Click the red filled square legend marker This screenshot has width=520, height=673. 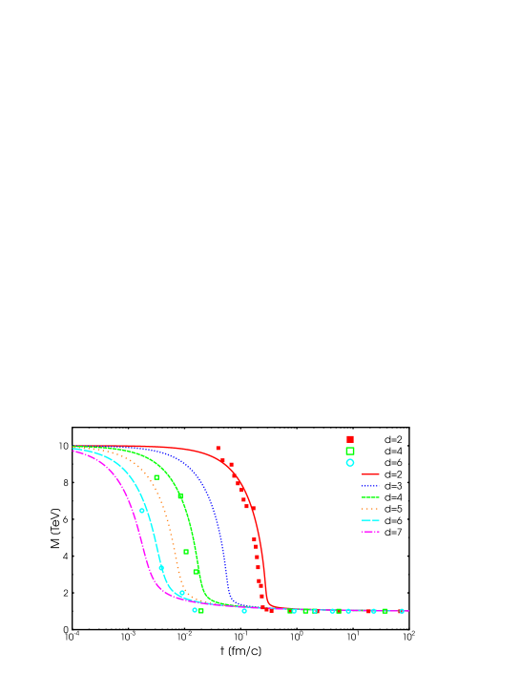click(x=350, y=439)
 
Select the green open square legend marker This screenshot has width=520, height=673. click(x=350, y=451)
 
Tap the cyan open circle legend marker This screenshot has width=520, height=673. click(x=350, y=463)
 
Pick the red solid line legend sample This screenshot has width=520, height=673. click(x=370, y=474)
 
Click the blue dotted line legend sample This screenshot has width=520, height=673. click(x=370, y=486)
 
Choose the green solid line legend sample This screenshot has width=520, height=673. click(x=370, y=497)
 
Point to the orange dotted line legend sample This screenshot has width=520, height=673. click(x=370, y=509)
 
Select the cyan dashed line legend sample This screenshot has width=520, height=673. click(x=370, y=520)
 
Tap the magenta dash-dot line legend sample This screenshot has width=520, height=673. click(x=370, y=532)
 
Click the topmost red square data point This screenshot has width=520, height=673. click(x=218, y=448)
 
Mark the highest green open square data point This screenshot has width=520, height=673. click(x=156, y=477)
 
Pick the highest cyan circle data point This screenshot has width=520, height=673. click(x=142, y=511)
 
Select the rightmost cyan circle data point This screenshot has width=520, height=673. click(x=402, y=611)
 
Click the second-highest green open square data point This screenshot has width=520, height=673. click(x=179, y=496)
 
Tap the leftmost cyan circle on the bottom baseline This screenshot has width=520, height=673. click(x=195, y=610)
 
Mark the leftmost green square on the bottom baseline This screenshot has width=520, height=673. click(x=201, y=611)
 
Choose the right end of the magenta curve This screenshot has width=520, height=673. click(x=407, y=611)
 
